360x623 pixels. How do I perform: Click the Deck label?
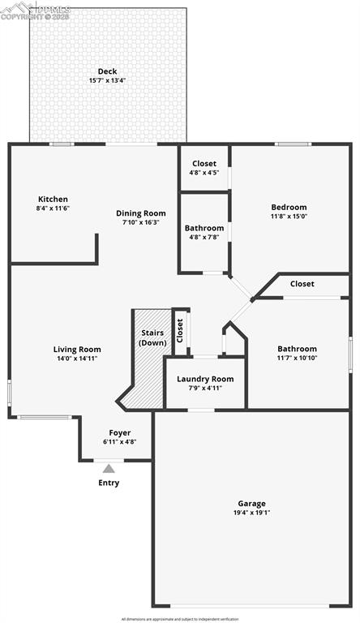pyautogui.click(x=108, y=71)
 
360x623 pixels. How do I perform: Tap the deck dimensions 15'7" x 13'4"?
pyautogui.click(x=108, y=80)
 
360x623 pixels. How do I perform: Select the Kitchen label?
pyautogui.click(x=53, y=199)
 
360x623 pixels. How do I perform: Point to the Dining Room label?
pyautogui.click(x=140, y=213)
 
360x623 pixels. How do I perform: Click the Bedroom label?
pyautogui.click(x=289, y=207)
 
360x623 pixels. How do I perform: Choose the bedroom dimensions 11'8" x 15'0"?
pyautogui.click(x=289, y=217)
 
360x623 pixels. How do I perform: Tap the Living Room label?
pyautogui.click(x=77, y=349)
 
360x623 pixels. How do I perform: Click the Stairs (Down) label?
pyautogui.click(x=152, y=337)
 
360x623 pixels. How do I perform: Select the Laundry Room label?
pyautogui.click(x=205, y=379)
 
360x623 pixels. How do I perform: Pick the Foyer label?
pyautogui.click(x=119, y=432)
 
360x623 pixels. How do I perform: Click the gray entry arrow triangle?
pyautogui.click(x=109, y=467)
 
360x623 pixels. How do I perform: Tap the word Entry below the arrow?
pyautogui.click(x=109, y=483)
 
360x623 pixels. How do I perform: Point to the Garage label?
pyautogui.click(x=251, y=503)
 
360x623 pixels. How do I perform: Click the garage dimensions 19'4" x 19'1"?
pyautogui.click(x=251, y=513)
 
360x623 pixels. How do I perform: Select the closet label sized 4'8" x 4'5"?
pyautogui.click(x=204, y=163)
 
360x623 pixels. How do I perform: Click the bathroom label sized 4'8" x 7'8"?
pyautogui.click(x=204, y=228)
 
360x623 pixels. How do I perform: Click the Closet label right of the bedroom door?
pyautogui.click(x=302, y=284)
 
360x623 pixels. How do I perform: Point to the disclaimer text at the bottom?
pyautogui.click(x=180, y=619)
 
